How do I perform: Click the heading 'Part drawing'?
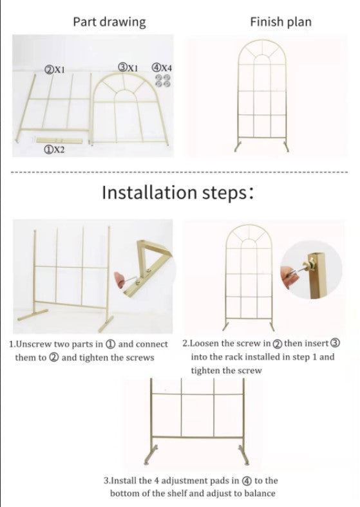coord(109,22)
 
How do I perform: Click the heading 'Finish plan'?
coord(281,22)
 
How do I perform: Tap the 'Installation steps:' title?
coord(178,192)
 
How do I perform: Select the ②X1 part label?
coord(54,69)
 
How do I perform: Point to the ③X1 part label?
coord(128,68)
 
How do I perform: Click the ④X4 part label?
coord(162,68)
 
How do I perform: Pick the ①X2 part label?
coord(54,149)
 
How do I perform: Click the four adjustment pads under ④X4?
coord(162,80)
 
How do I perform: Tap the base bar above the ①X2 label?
coord(59,140)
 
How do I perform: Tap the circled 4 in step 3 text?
coord(247,481)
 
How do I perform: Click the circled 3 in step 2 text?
coord(336,343)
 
